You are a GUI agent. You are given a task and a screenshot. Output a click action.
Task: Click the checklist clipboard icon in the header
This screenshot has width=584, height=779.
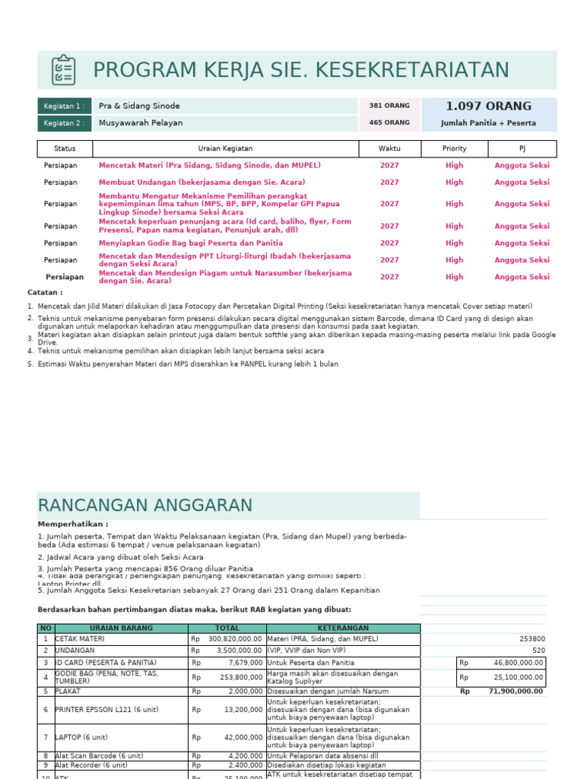pyautogui.click(x=63, y=70)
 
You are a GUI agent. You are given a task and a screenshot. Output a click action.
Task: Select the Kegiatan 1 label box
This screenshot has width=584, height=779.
pyautogui.click(x=65, y=106)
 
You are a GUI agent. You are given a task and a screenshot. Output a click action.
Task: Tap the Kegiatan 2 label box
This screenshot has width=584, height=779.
pyautogui.click(x=65, y=122)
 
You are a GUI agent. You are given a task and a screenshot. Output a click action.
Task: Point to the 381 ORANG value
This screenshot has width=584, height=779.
pyautogui.click(x=389, y=106)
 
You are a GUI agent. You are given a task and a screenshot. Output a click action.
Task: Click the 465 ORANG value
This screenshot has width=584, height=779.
pyautogui.click(x=389, y=122)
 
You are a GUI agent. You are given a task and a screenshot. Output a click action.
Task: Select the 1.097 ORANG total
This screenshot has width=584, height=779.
pyautogui.click(x=488, y=107)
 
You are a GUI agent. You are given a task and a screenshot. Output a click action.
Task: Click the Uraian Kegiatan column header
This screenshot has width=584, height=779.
pyautogui.click(x=225, y=149)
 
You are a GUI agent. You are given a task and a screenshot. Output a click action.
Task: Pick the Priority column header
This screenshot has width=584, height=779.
pyautogui.click(x=454, y=149)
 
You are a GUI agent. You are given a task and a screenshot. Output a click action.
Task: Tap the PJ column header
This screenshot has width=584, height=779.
pyautogui.click(x=522, y=149)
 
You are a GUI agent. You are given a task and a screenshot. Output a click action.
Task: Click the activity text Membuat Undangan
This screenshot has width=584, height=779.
pyautogui.click(x=202, y=183)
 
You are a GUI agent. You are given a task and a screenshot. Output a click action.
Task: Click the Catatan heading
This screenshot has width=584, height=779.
pyautogui.click(x=45, y=292)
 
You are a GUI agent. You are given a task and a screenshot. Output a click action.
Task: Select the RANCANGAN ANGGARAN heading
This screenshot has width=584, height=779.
pyautogui.click(x=144, y=505)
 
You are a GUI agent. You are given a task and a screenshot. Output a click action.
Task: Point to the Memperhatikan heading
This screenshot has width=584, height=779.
pyautogui.click(x=73, y=524)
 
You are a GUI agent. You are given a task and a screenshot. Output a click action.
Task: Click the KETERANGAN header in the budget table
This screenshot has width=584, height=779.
pyautogui.click(x=342, y=628)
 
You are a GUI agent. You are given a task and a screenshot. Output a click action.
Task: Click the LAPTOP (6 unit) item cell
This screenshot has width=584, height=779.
pyautogui.click(x=81, y=737)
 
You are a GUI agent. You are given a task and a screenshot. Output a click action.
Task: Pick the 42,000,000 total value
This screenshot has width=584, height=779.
pyautogui.click(x=241, y=737)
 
